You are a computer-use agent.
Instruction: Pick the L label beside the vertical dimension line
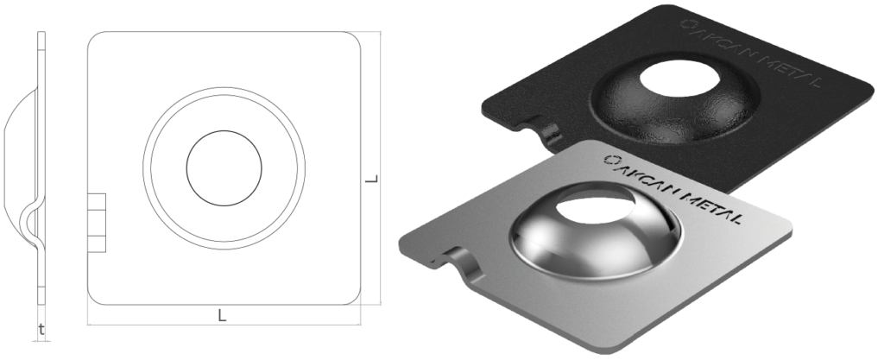(x=372, y=180)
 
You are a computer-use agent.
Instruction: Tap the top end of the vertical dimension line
(x=382, y=32)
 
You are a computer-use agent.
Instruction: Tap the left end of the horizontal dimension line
(x=88, y=325)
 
